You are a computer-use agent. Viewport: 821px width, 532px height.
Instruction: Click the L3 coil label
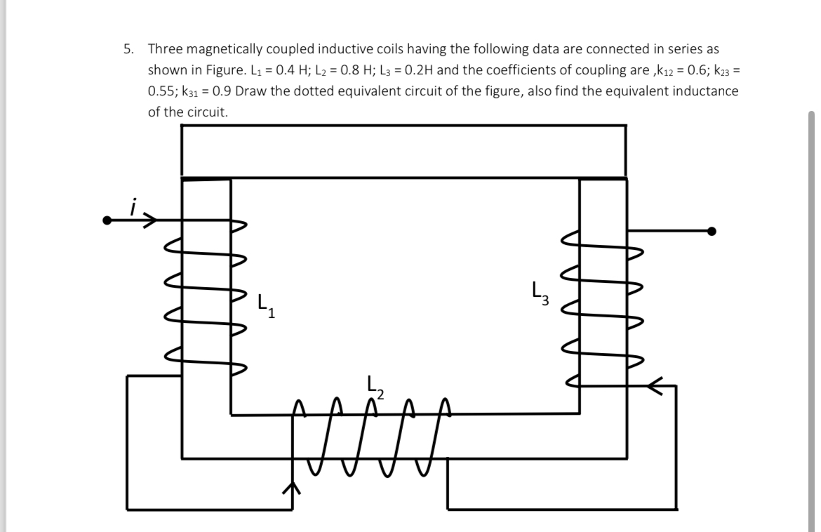pyautogui.click(x=540, y=291)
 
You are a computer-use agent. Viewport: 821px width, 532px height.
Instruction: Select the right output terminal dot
pyautogui.click(x=712, y=230)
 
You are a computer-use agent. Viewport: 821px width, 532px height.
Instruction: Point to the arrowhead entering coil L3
pyautogui.click(x=654, y=385)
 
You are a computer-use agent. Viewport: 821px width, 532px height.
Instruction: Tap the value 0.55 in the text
pyautogui.click(x=161, y=91)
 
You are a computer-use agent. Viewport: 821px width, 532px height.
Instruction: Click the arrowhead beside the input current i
pyautogui.click(x=149, y=220)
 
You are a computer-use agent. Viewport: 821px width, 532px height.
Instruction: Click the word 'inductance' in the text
pyautogui.click(x=708, y=91)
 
